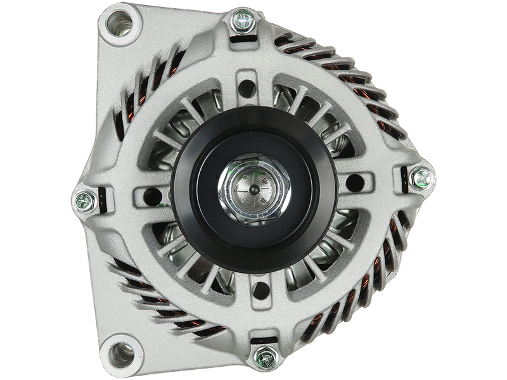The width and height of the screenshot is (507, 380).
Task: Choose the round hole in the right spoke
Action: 354,184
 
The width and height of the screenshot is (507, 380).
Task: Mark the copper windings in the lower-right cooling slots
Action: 374,279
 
